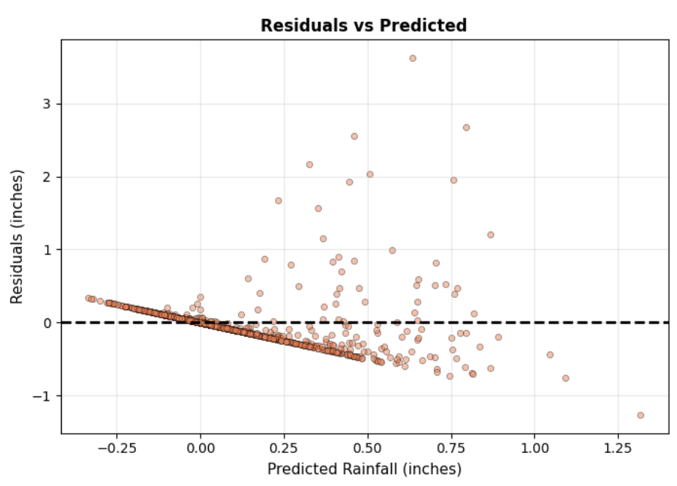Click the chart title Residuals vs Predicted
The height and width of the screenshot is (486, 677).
click(x=364, y=26)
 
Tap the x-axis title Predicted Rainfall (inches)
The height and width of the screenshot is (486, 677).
click(x=364, y=468)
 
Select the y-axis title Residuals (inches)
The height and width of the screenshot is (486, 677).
click(x=17, y=237)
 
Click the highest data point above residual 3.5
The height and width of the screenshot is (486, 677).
click(x=412, y=58)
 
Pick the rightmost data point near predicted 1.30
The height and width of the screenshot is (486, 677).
click(x=640, y=415)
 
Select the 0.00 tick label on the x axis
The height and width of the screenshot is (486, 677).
click(x=201, y=447)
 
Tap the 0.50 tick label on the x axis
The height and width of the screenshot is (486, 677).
click(x=368, y=447)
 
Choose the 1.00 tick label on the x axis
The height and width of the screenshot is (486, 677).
click(x=534, y=447)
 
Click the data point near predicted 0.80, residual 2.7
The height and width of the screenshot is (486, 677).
click(x=466, y=127)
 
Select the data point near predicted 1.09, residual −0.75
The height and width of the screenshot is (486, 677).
click(x=565, y=378)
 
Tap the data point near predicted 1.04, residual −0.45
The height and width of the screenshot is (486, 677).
click(x=550, y=354)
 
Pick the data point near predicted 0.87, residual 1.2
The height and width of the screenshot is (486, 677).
click(x=490, y=235)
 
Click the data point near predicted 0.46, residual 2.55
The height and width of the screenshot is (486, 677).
click(x=354, y=136)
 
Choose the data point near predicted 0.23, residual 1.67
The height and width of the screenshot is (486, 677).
click(x=279, y=200)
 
